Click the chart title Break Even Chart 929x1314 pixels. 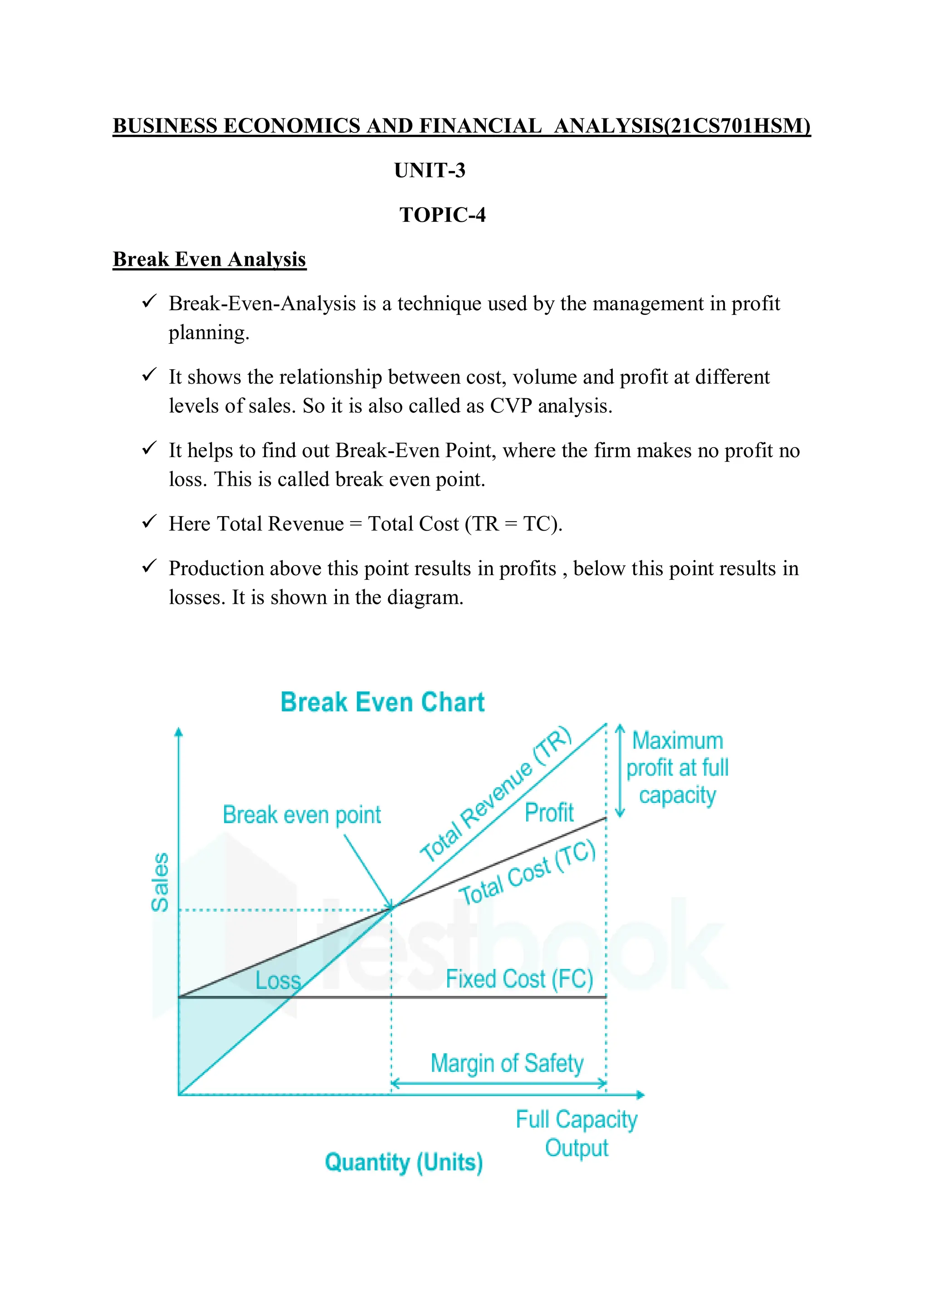click(382, 702)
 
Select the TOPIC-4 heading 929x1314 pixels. click(442, 215)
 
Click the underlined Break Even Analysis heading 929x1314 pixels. click(210, 259)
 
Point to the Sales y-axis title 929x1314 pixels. click(160, 882)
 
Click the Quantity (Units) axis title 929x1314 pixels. click(404, 1163)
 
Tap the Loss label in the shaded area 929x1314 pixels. click(278, 980)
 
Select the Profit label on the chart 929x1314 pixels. click(549, 813)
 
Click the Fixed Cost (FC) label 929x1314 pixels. click(519, 979)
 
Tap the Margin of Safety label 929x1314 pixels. click(507, 1063)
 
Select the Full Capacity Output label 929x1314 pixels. click(577, 1133)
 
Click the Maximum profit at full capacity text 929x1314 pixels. click(677, 767)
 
